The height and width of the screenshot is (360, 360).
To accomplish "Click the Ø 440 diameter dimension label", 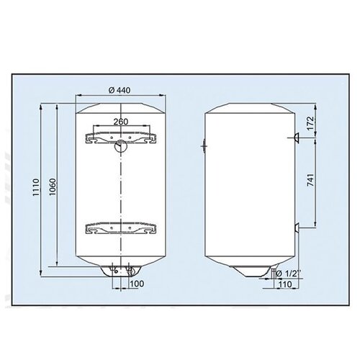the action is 120,90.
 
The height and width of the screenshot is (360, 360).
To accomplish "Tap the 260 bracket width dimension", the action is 121,122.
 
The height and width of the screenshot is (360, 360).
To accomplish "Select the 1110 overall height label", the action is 36,187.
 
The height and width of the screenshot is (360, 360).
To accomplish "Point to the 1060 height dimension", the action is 52,186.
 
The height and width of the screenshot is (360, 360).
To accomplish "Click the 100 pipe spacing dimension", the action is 137,284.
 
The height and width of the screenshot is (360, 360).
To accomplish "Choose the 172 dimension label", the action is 310,123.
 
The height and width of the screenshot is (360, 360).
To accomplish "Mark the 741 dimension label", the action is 310,180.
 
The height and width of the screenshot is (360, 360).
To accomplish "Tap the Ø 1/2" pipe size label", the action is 288,273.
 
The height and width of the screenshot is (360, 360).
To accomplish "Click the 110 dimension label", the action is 285,284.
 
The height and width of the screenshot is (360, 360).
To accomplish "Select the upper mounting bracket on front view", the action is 121,138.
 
